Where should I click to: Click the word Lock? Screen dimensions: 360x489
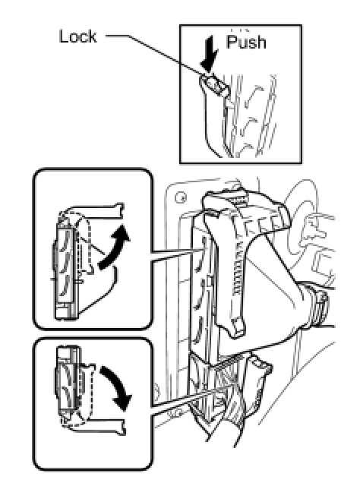(77, 36)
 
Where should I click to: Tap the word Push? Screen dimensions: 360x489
(246, 42)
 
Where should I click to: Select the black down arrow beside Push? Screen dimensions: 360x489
(210, 54)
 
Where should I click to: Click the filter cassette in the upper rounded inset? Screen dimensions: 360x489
(66, 269)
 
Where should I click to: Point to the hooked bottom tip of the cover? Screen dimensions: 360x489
(237, 330)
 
